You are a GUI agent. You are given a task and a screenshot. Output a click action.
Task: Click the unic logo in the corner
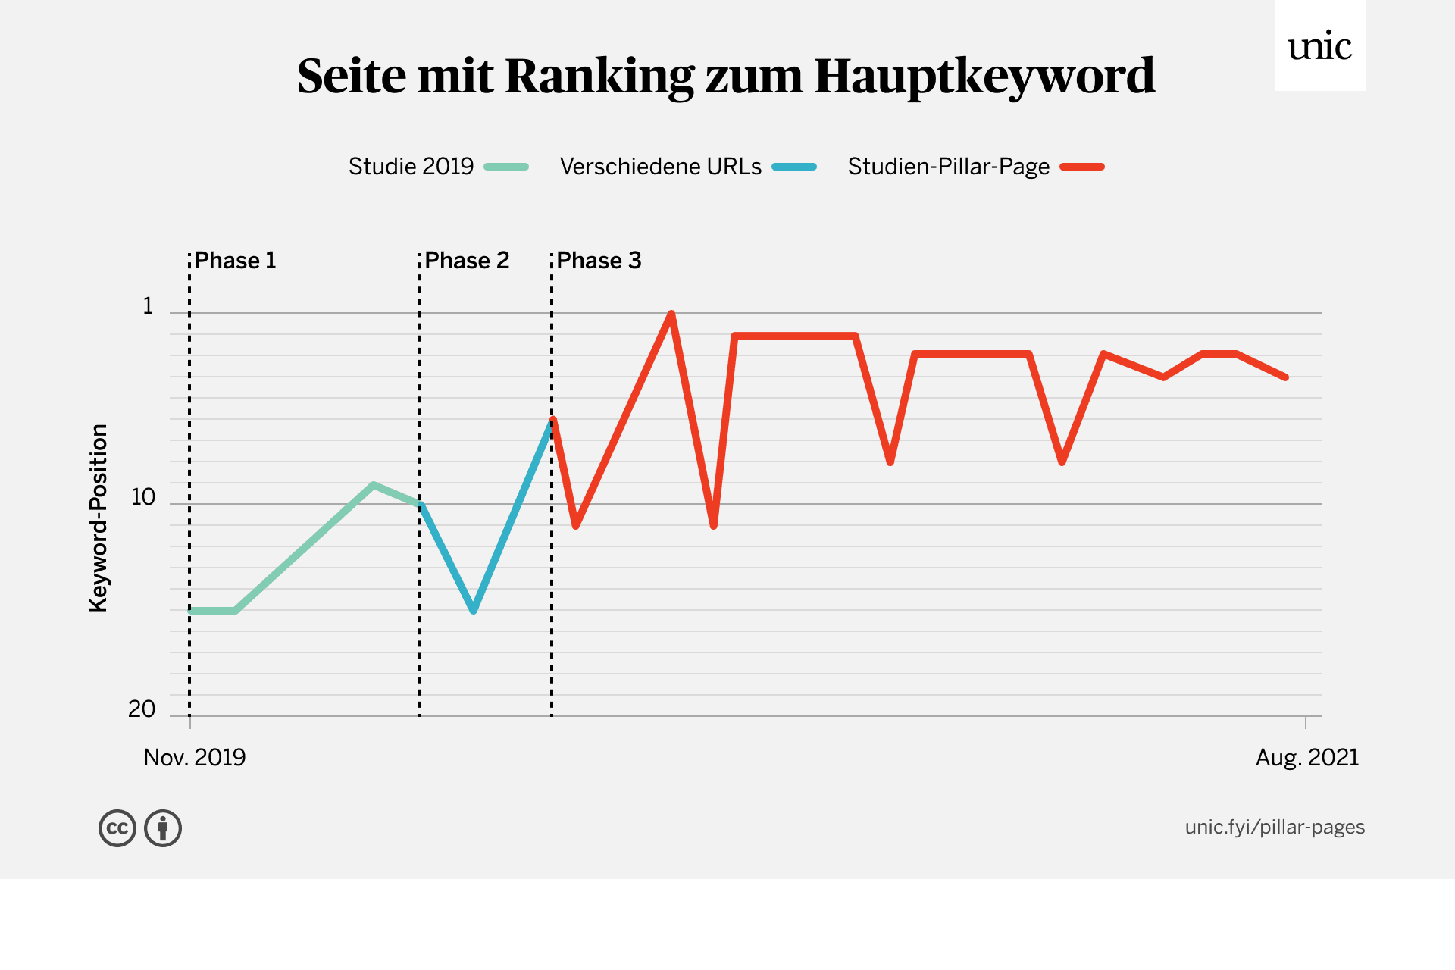coord(1319,46)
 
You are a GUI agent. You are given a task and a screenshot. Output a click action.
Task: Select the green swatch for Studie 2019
coord(506,167)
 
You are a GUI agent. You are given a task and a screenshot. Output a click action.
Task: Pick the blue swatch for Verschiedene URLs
coord(794,167)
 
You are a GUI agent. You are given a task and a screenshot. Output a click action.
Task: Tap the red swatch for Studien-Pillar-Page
coord(1082,167)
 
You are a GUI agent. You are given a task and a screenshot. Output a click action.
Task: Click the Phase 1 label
coord(235,261)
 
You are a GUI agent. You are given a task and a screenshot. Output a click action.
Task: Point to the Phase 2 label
coord(467,261)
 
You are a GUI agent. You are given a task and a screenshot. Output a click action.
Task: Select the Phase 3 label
coord(599,261)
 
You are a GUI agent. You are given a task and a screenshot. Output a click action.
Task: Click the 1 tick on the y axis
coord(149,306)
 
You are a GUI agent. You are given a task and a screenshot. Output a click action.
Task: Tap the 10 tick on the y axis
coord(143,498)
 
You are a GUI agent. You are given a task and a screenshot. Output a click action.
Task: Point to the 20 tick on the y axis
coord(142,710)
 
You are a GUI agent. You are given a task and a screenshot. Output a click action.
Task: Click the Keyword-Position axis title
coord(99,518)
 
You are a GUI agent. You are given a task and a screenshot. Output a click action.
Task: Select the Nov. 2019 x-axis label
coord(195,758)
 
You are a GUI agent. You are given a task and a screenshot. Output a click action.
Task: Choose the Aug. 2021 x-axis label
coord(1307,758)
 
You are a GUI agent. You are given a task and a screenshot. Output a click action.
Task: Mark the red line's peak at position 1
coord(671,314)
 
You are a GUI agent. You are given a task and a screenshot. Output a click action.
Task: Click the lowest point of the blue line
coord(473,610)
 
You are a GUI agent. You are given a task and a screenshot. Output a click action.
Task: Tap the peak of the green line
coord(374,484)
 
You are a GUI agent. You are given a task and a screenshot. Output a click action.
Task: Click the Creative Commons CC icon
coord(117,828)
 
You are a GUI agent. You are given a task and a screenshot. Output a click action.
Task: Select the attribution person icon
coord(163,828)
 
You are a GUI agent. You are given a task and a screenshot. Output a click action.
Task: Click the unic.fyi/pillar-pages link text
coord(1275,827)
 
